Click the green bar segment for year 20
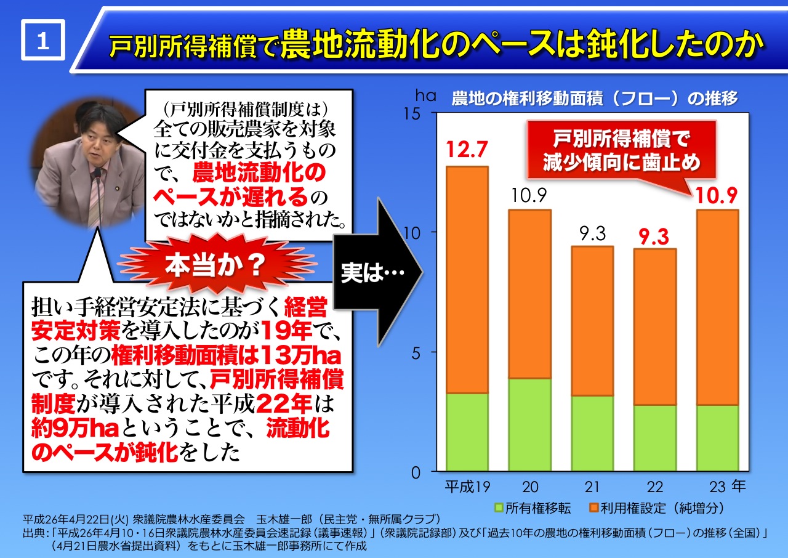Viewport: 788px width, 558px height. pyautogui.click(x=529, y=424)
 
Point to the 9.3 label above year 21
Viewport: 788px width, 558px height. pyautogui.click(x=592, y=233)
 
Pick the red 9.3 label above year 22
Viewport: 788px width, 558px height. pyautogui.click(x=655, y=236)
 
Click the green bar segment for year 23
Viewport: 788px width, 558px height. pyautogui.click(x=717, y=437)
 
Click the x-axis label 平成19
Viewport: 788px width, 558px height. pyautogui.click(x=467, y=487)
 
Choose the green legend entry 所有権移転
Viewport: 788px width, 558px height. pyautogui.click(x=533, y=508)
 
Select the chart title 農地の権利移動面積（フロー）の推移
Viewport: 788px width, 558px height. pyautogui.click(x=594, y=99)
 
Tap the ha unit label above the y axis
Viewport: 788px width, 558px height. pyautogui.click(x=425, y=96)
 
